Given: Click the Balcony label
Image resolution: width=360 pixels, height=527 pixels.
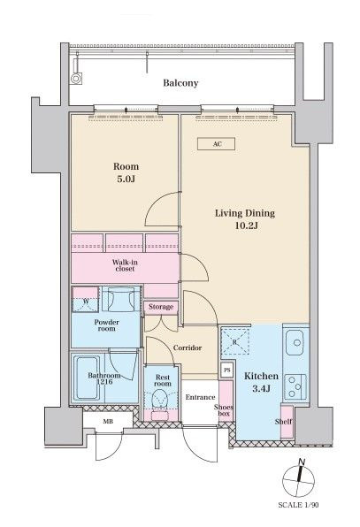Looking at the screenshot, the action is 180,83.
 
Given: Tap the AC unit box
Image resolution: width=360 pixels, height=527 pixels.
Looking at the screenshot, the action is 216,144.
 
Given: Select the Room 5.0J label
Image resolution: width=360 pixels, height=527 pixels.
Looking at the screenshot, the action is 126,172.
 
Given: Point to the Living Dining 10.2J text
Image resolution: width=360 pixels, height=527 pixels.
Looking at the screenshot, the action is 245,218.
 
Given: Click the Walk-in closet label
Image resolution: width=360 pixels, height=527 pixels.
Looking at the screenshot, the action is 125,265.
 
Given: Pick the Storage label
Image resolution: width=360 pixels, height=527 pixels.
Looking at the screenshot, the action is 161,307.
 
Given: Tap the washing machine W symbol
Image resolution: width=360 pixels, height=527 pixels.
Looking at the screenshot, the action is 86,300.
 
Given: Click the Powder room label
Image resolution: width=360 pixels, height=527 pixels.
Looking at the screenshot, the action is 106,325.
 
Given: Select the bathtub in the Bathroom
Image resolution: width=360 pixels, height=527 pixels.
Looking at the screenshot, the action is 87,378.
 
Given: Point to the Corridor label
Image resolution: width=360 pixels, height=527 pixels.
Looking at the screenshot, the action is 188,348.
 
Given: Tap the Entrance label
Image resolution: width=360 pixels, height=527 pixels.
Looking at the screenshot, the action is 200,397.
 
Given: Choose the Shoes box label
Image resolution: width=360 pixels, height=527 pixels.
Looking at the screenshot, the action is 224,410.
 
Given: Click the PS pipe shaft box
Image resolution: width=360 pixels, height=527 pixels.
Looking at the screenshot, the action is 227,370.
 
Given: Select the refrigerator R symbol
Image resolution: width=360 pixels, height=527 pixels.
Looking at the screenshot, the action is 235,341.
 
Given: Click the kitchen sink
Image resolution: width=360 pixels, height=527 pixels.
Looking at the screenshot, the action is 295,343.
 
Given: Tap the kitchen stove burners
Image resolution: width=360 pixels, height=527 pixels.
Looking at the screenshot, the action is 295,386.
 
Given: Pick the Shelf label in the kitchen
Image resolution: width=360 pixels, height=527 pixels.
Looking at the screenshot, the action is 283,422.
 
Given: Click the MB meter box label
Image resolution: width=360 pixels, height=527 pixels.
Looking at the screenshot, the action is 108,422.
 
